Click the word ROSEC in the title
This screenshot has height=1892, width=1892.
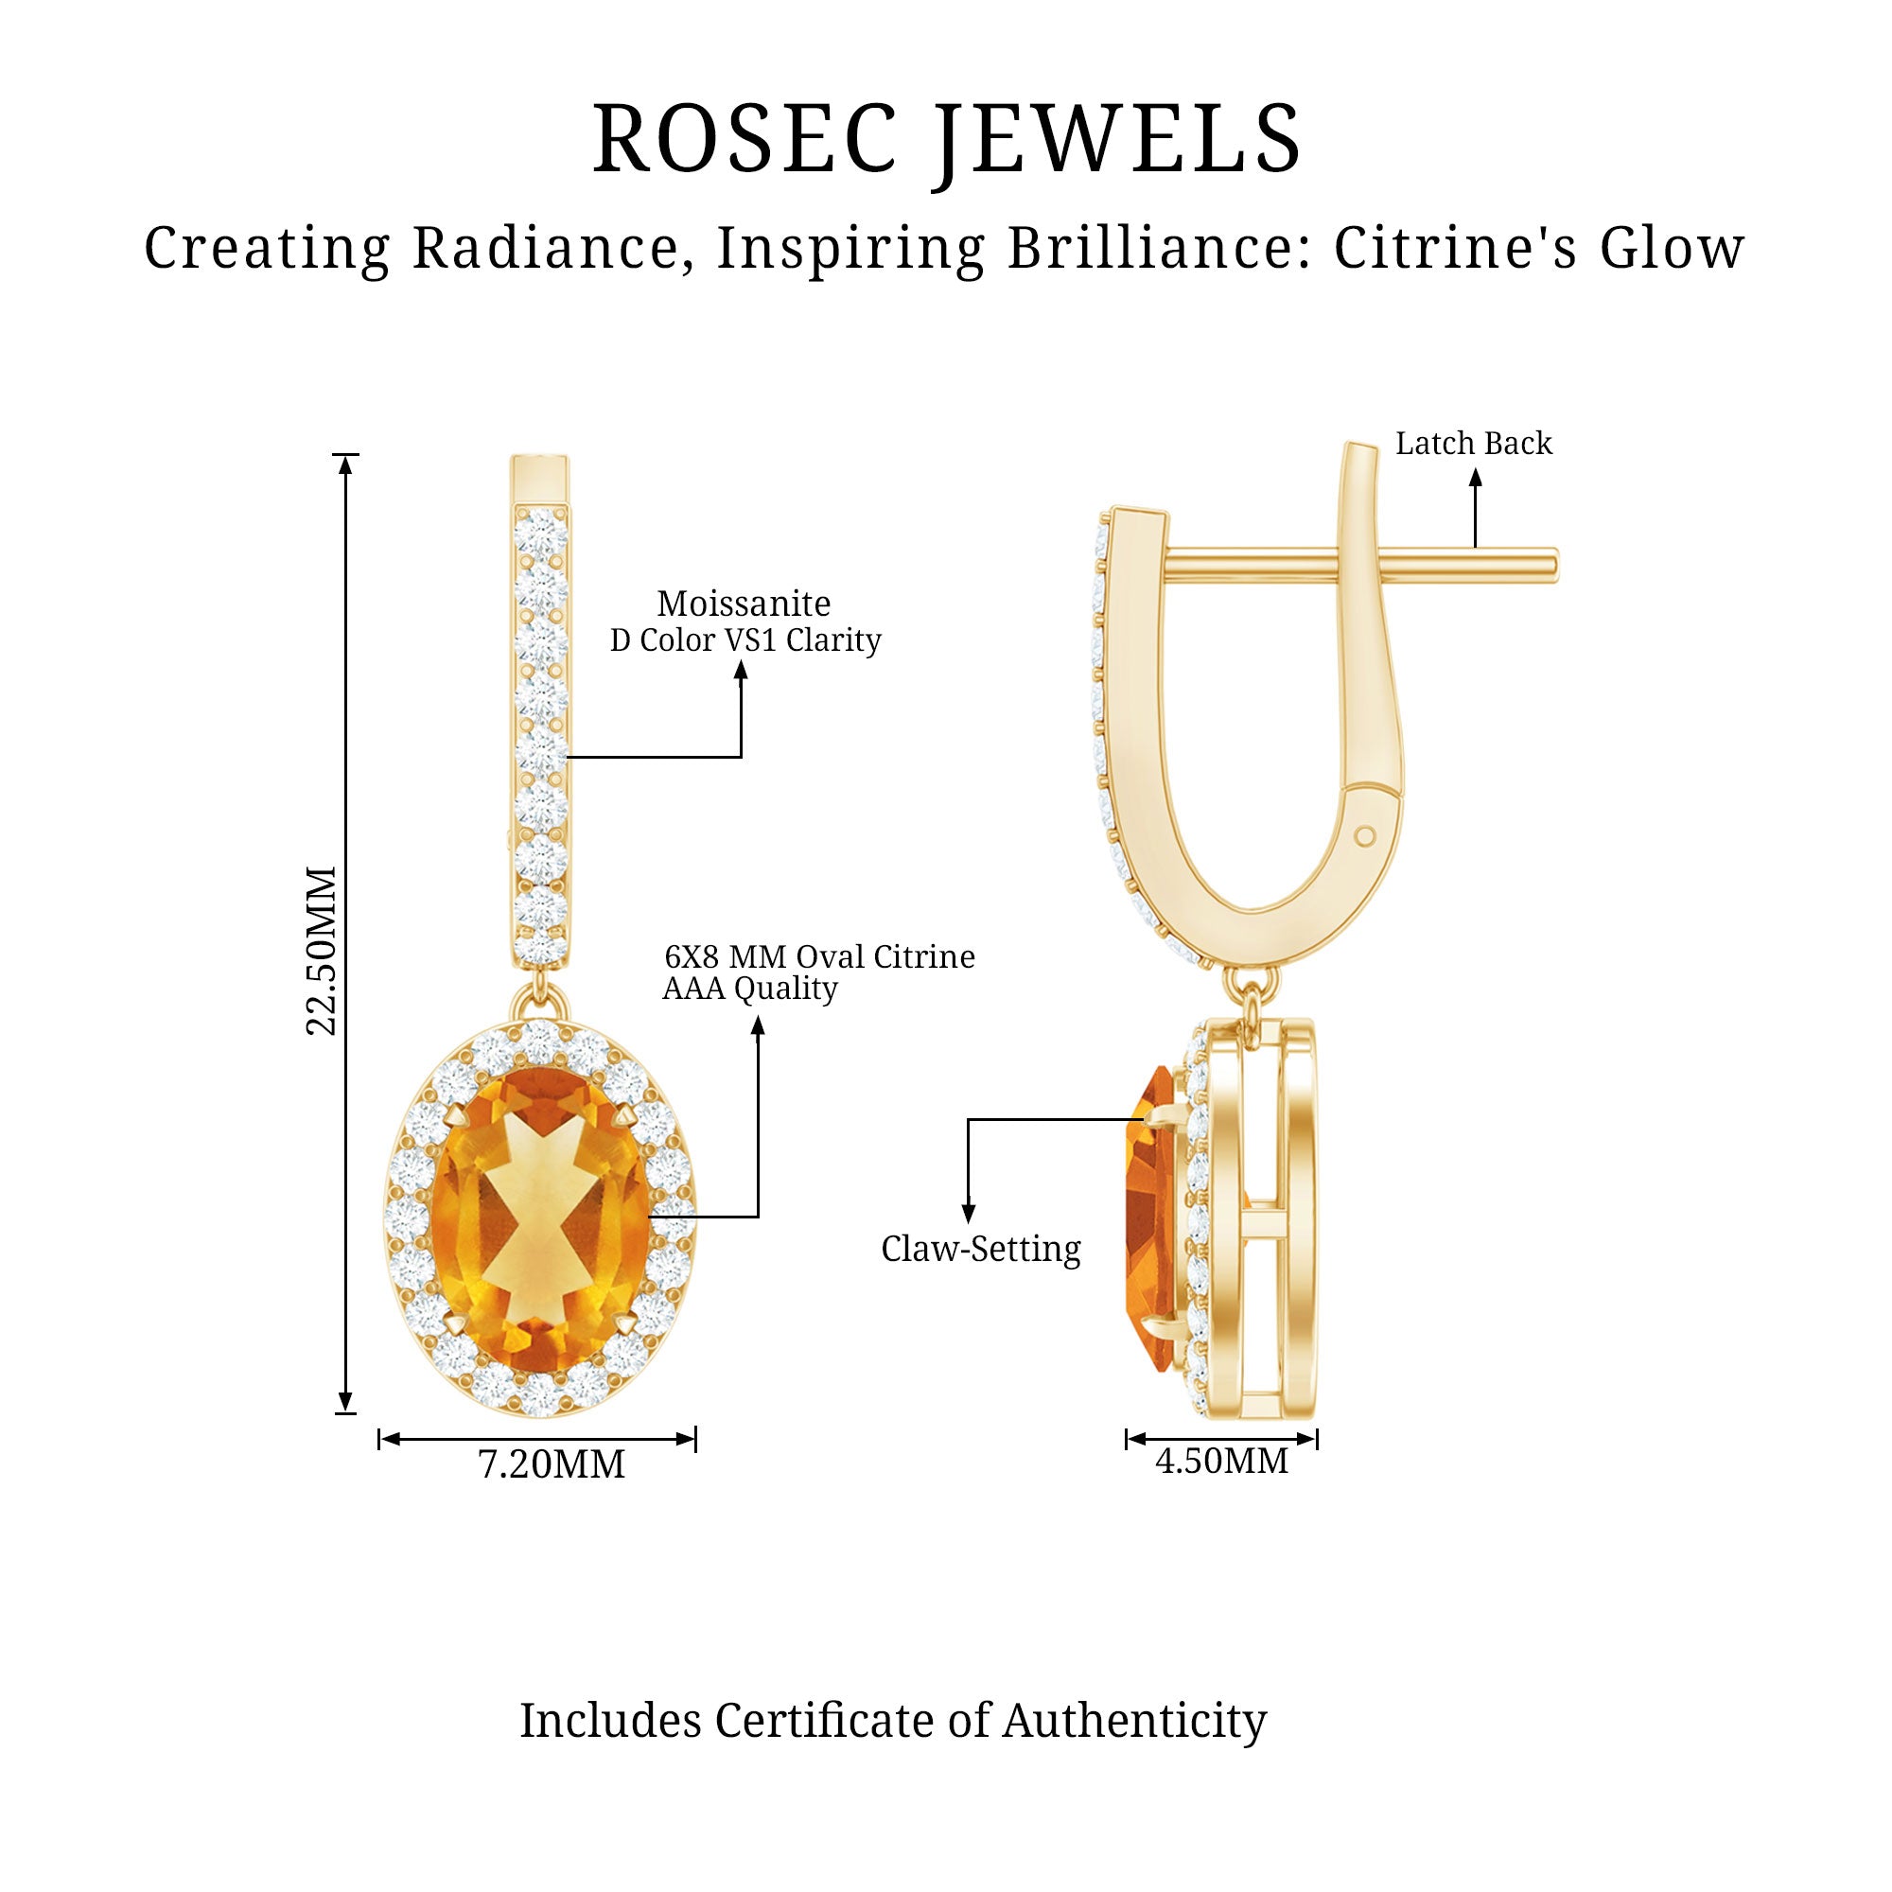point(745,138)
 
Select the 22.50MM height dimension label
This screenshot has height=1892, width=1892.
point(322,950)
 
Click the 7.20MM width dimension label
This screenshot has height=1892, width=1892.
point(552,1464)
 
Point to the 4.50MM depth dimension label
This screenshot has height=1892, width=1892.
point(1221,1460)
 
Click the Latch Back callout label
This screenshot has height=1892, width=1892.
point(1473,444)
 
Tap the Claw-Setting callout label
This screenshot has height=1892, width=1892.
point(980,1249)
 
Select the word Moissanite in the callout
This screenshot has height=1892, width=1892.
point(744,604)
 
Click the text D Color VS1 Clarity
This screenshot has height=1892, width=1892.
point(745,640)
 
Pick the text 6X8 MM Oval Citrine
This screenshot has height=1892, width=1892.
point(819,955)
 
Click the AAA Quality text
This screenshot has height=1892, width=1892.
point(750,990)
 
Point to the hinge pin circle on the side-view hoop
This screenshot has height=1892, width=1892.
point(1364,835)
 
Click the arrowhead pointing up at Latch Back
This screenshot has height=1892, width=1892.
point(1475,477)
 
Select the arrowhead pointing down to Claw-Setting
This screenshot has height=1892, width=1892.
point(969,1214)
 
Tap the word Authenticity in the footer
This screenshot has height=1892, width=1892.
point(1134,1723)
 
